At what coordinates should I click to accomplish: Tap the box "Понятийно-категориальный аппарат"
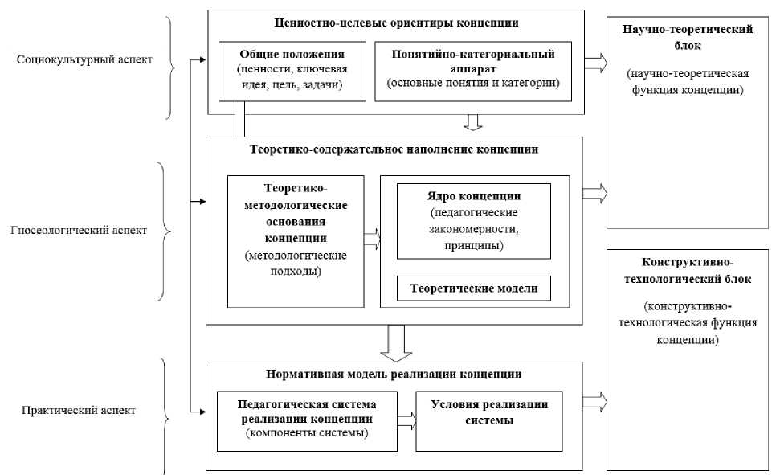[473, 72]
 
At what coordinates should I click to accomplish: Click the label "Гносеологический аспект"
[79, 231]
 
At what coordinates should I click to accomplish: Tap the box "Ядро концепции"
[474, 221]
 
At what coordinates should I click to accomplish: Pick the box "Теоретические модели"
[474, 287]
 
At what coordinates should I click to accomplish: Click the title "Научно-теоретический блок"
[687, 37]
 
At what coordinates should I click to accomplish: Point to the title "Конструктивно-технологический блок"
[687, 271]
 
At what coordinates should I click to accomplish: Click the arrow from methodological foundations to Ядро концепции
[371, 238]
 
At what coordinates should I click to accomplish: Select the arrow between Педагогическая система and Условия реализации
[407, 417]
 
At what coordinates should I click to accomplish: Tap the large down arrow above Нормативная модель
[394, 342]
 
